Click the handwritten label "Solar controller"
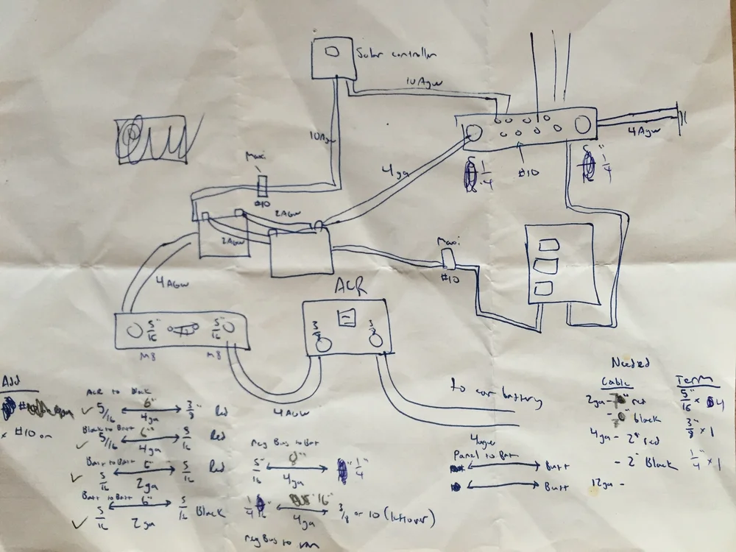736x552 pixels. [x=396, y=54]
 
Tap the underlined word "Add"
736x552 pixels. [x=13, y=381]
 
